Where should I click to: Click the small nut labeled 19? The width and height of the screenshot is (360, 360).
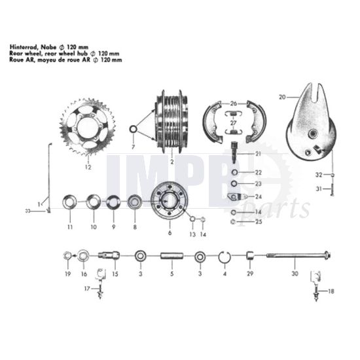[66, 255]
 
